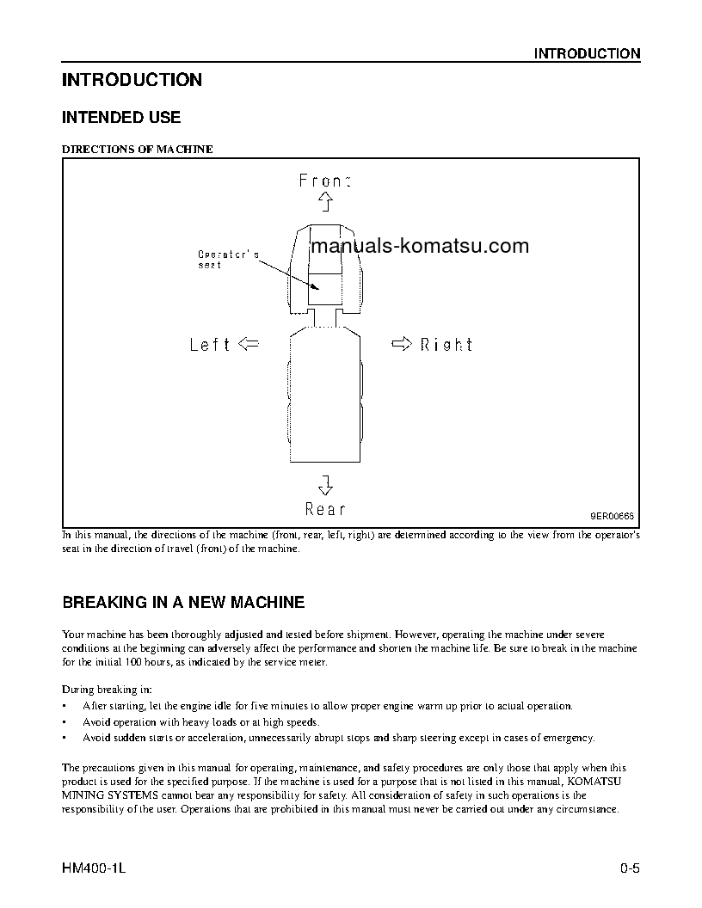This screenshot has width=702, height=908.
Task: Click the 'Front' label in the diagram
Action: [x=325, y=181]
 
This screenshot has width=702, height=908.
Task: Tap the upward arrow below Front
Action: [x=325, y=202]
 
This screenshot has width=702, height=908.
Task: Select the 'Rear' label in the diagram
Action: [x=325, y=509]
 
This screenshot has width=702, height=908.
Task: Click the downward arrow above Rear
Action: [x=325, y=484]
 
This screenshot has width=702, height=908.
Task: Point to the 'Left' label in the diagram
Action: [x=210, y=345]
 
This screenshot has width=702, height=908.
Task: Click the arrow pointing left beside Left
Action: [x=248, y=344]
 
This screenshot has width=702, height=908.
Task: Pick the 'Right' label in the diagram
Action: [x=446, y=345]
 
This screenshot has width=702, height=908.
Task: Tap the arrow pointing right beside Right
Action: [x=401, y=344]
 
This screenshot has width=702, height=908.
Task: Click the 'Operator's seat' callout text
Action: [x=227, y=260]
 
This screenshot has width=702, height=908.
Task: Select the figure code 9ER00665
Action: [x=611, y=516]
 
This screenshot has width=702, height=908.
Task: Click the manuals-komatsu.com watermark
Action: [x=419, y=247]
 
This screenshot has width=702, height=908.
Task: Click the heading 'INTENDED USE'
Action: [x=121, y=117]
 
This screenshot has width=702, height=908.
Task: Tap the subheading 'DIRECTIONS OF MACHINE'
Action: [x=138, y=149]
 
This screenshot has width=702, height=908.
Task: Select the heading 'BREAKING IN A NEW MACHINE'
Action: [x=183, y=602]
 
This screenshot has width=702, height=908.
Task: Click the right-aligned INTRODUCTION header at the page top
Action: [x=587, y=53]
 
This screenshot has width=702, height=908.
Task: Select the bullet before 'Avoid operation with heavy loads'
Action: [x=65, y=722]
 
